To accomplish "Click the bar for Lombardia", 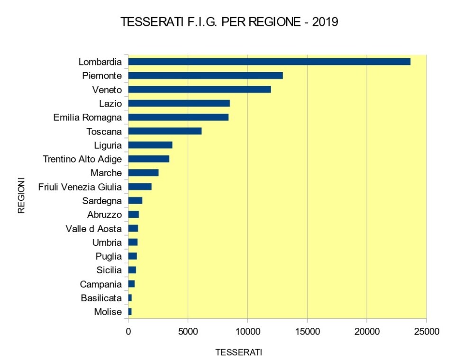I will click(x=269, y=62).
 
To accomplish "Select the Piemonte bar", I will click(x=205, y=75).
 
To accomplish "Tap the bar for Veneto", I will click(x=200, y=89).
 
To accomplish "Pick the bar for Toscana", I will click(x=165, y=131).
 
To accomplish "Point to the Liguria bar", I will click(x=150, y=145).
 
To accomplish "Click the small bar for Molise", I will click(x=130, y=312).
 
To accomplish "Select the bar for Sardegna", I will click(x=135, y=200).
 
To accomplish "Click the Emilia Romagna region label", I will click(x=88, y=117).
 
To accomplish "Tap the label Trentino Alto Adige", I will click(x=82, y=159).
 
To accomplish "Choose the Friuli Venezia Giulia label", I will click(x=80, y=187).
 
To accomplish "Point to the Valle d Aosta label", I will click(x=93, y=229).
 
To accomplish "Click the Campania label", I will click(x=100, y=284).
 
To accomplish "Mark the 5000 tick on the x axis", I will click(x=188, y=332).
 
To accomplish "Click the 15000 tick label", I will click(x=307, y=332).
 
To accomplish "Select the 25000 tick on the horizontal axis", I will click(x=426, y=332).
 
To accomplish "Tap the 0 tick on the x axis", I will click(x=128, y=332).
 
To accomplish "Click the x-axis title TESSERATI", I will click(x=239, y=353).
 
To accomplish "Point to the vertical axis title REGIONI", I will click(x=21, y=196).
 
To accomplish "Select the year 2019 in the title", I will click(x=325, y=23).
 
